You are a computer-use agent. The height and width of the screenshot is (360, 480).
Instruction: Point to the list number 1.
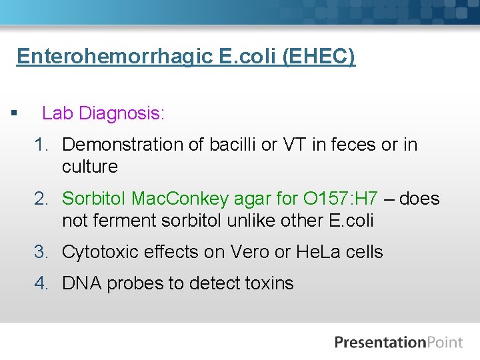[42, 145]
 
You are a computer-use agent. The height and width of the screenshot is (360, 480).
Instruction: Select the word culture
[89, 167]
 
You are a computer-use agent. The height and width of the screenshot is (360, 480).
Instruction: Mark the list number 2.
[42, 199]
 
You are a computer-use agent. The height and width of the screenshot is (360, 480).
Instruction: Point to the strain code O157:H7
[340, 199]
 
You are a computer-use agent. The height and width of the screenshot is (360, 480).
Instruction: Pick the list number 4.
[42, 283]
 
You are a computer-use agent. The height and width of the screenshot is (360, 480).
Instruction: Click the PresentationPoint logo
[398, 343]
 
